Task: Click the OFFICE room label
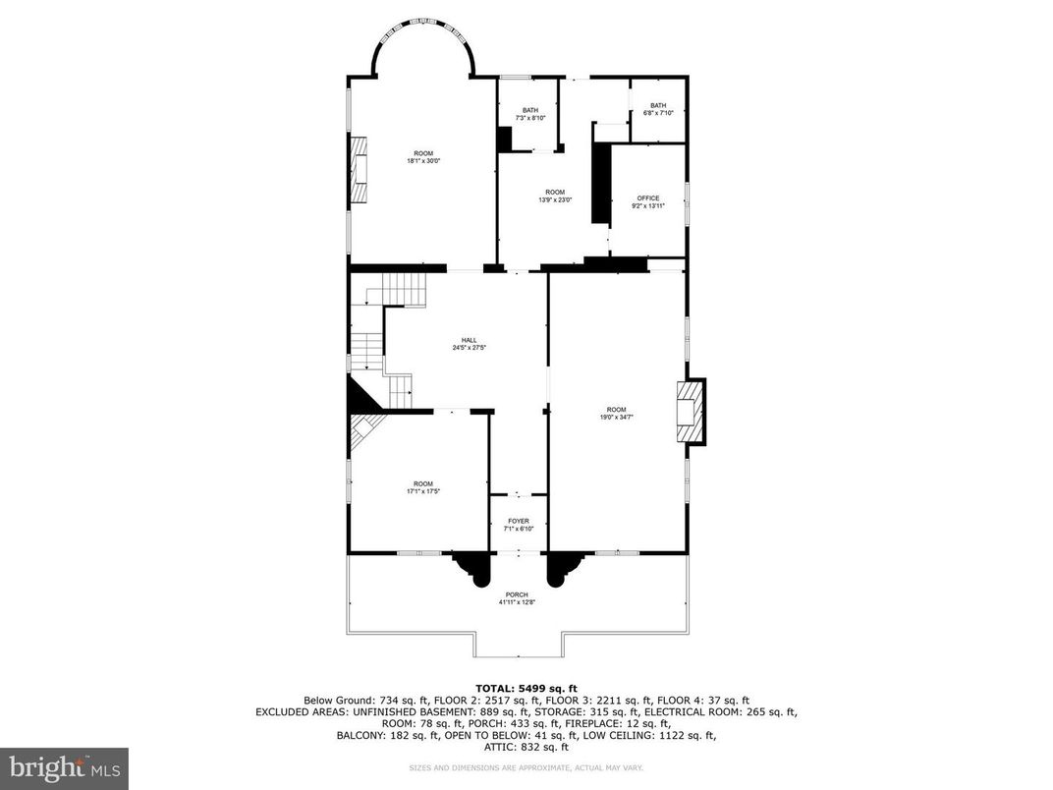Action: [648, 198]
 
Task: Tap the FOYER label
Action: [519, 521]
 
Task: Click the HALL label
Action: [470, 340]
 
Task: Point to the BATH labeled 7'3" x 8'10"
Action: [530, 110]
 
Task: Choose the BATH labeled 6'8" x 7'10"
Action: [657, 105]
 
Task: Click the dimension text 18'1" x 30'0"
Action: [422, 161]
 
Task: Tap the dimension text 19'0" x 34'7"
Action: [616, 417]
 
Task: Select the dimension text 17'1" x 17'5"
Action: [422, 491]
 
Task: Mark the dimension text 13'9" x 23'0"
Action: [555, 199]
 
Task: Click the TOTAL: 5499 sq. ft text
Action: [526, 688]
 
